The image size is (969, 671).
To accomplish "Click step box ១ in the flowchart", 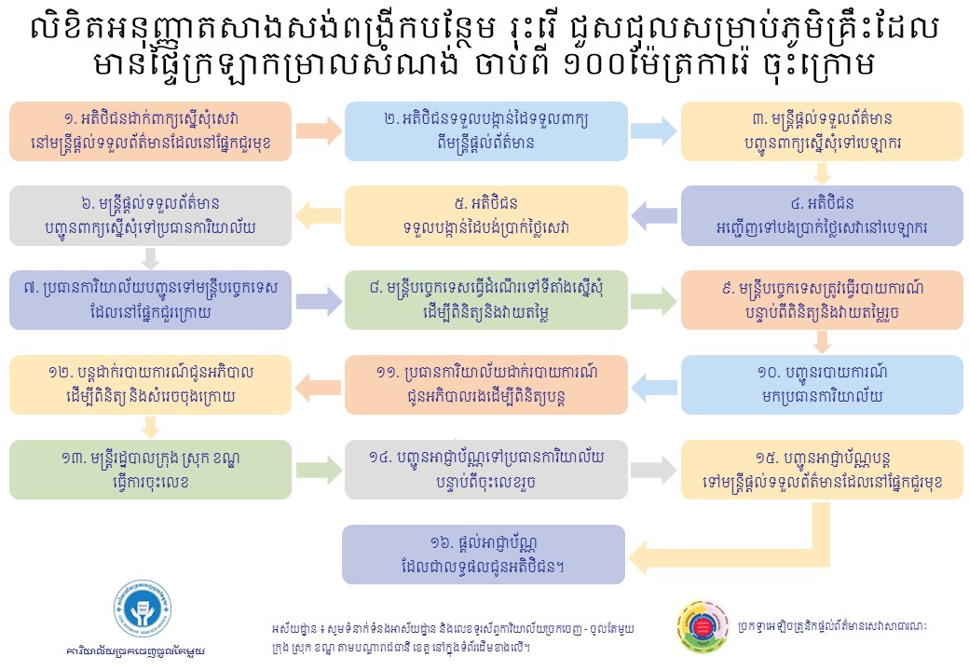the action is click(x=150, y=131).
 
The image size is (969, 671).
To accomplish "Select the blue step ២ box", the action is click(x=485, y=131).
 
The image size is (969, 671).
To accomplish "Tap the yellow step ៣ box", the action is click(x=822, y=131).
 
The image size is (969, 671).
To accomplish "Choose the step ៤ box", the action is click(x=822, y=215).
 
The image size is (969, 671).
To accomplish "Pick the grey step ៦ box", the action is click(x=150, y=215).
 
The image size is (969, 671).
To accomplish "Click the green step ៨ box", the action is click(x=485, y=300).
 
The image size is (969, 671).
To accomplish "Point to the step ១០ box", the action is click(x=822, y=384).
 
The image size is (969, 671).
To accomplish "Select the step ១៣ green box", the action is click(x=150, y=470).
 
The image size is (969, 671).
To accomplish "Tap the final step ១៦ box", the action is click(x=484, y=555).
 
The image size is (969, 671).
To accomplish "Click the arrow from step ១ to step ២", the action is click(x=319, y=131).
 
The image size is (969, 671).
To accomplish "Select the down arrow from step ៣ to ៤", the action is click(x=821, y=173).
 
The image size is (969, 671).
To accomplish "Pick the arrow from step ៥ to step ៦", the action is click(x=319, y=215).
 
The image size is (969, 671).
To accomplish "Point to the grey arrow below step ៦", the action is click(x=150, y=258).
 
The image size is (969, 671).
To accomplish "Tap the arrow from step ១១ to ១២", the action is click(x=319, y=385).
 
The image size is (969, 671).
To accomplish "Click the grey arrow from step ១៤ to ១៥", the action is click(x=654, y=470).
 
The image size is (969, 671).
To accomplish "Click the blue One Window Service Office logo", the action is click(x=143, y=609).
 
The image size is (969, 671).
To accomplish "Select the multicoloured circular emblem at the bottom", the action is click(x=703, y=626).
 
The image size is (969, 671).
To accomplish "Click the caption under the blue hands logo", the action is click(x=136, y=650).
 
